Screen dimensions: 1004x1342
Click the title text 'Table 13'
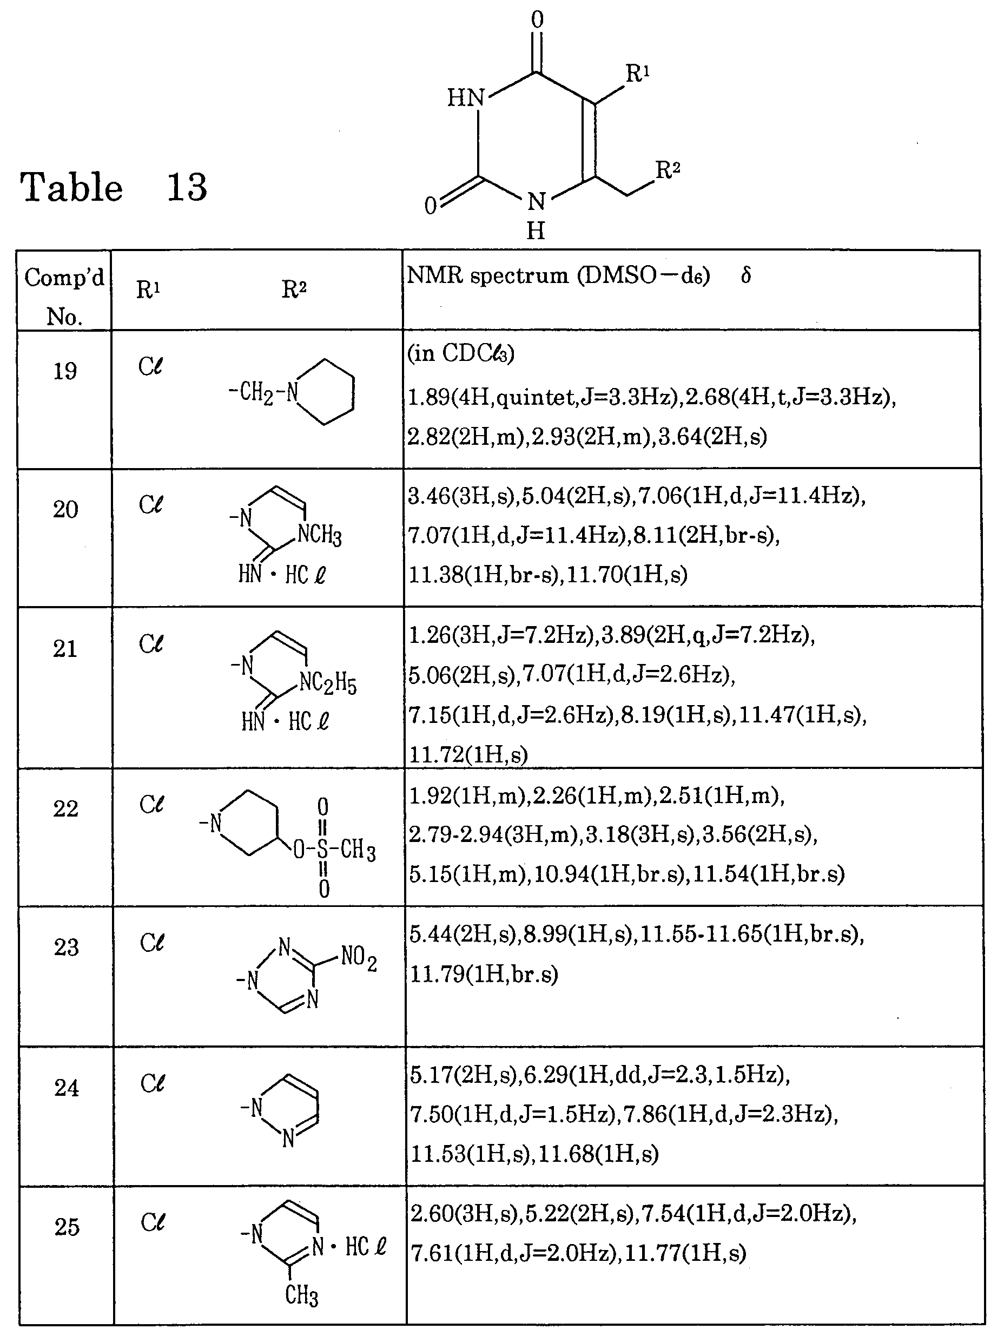114,187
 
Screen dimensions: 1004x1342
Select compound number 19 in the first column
65,371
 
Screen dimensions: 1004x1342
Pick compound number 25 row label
67,1227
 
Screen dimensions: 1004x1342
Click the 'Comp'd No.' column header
64,296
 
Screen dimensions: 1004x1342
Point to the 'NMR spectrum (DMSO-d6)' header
558,276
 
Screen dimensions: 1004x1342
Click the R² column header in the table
294,290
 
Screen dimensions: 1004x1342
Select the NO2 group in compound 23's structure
359,957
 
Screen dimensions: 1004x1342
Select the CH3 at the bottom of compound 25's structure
301,1295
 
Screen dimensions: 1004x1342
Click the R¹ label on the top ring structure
637,74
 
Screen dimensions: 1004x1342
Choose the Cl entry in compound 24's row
152,1083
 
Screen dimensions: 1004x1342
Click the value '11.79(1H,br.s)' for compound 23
484,975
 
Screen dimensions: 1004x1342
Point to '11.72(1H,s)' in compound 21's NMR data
468,755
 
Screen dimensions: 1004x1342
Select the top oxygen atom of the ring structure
537,19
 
